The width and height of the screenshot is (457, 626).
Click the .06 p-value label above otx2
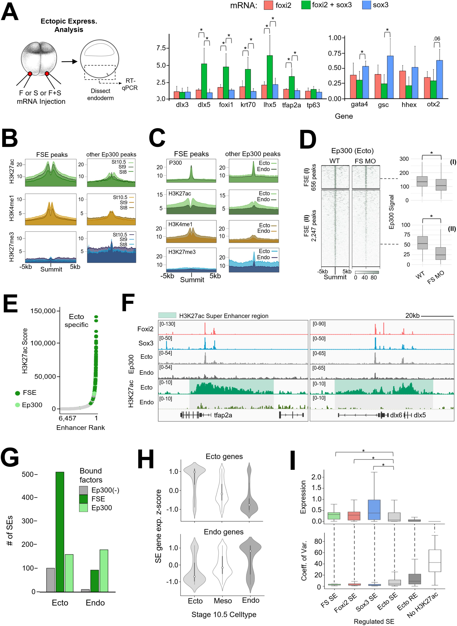pos(436,39)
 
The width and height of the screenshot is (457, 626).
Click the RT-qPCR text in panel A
pos(130,84)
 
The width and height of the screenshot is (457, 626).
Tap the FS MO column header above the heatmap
pos(365,161)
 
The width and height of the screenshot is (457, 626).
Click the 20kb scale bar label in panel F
pos(412,316)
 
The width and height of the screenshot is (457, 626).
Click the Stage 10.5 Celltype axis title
pos(224,615)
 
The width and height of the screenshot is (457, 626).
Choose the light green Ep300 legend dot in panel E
pos(17,405)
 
